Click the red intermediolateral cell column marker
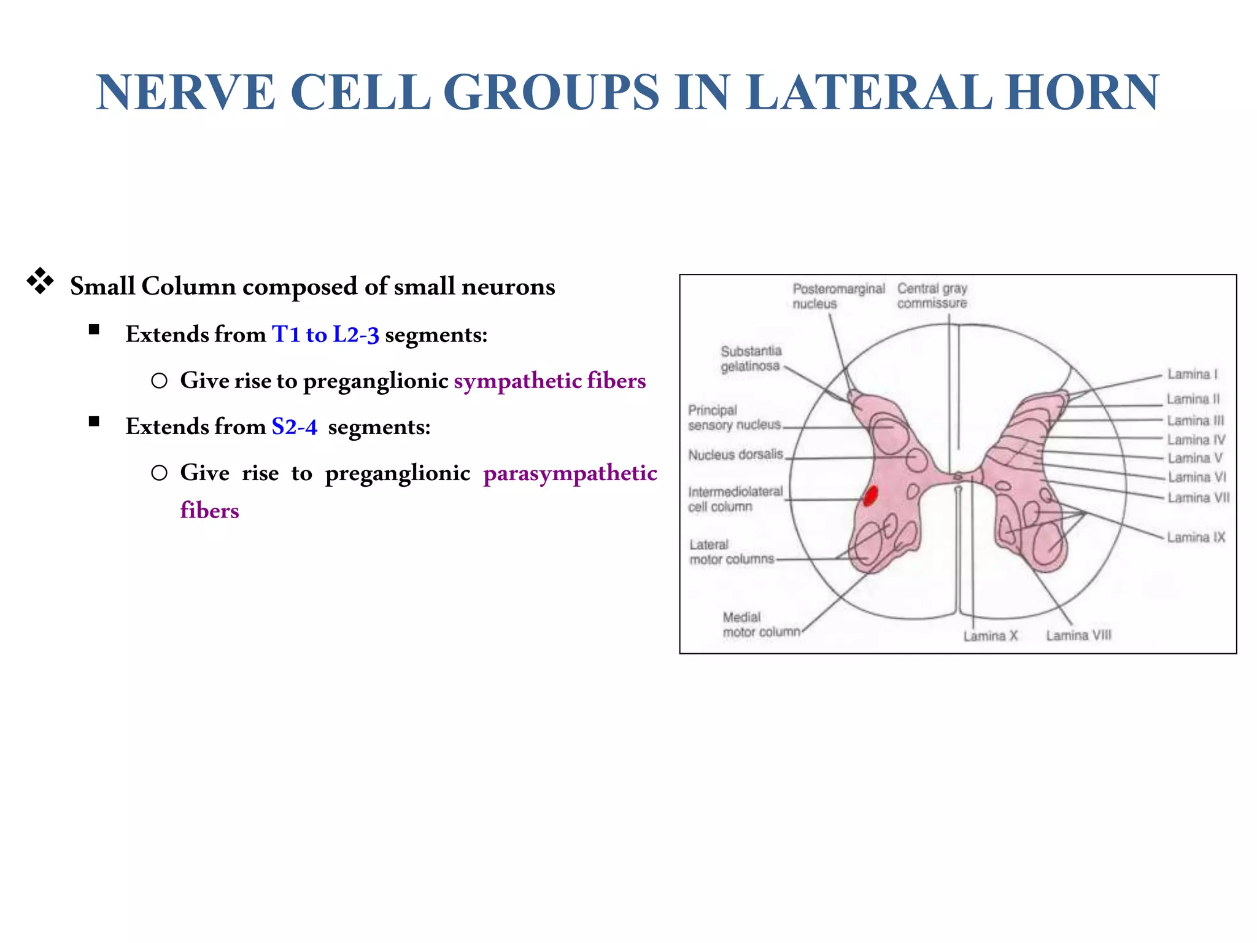pyautogui.click(x=870, y=495)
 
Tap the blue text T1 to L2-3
pyautogui.click(x=325, y=335)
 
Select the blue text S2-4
pyautogui.click(x=295, y=427)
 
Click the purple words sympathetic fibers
pyautogui.click(x=549, y=381)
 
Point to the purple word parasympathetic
pyautogui.click(x=570, y=473)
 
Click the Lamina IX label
pyautogui.click(x=1196, y=537)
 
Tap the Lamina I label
pyautogui.click(x=1192, y=374)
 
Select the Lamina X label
pyautogui.click(x=990, y=635)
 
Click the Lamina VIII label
pyautogui.click(x=1078, y=635)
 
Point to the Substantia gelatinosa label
pyautogui.click(x=751, y=359)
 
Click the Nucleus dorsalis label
pyautogui.click(x=735, y=455)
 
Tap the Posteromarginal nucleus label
pyautogui.click(x=838, y=296)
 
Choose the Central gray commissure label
pyautogui.click(x=932, y=296)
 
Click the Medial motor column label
pyautogui.click(x=761, y=624)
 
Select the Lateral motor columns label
pyautogui.click(x=731, y=552)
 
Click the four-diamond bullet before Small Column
pyautogui.click(x=41, y=282)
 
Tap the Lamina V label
pyautogui.click(x=1194, y=458)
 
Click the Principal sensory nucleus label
pyautogui.click(x=733, y=417)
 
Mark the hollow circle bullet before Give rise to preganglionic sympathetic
pyautogui.click(x=159, y=381)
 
